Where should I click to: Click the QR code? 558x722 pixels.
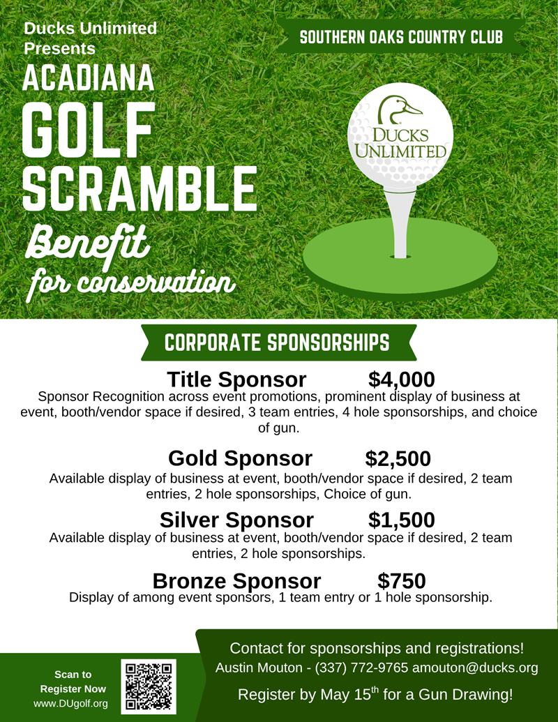click(149, 686)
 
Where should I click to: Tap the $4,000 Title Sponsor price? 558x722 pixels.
click(401, 379)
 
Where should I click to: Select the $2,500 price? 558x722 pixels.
click(398, 458)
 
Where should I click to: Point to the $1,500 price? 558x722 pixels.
click(401, 520)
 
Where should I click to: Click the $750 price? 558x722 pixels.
click(401, 580)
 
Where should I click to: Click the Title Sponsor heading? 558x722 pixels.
click(236, 379)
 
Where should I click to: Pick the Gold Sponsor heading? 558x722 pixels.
click(240, 458)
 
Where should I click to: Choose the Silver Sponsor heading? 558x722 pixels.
click(236, 520)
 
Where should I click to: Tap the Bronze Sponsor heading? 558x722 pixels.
click(236, 580)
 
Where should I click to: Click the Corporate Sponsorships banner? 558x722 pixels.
click(277, 343)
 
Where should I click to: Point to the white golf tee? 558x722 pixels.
click(400, 223)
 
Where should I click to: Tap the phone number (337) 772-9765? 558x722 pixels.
click(361, 668)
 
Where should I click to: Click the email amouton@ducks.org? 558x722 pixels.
click(475, 668)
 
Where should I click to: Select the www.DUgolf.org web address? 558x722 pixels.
click(71, 704)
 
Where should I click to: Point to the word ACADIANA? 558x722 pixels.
click(89, 79)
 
